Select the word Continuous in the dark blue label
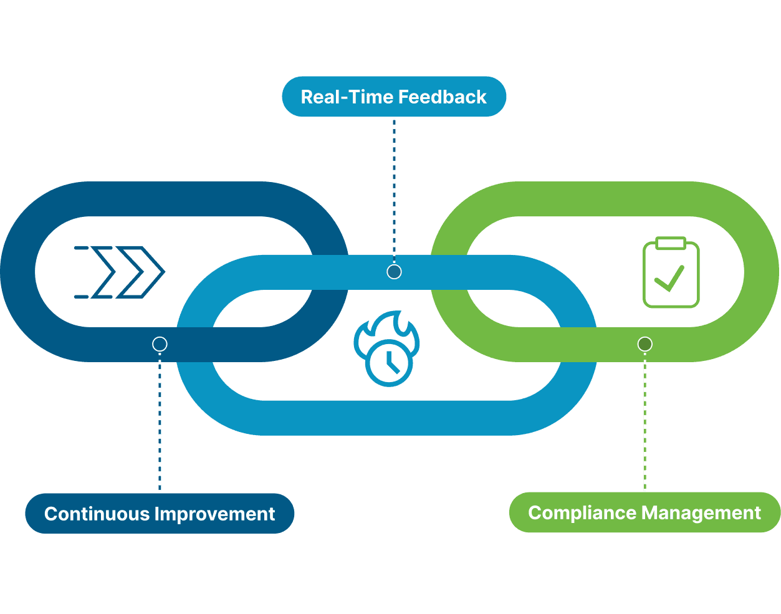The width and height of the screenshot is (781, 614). (x=97, y=514)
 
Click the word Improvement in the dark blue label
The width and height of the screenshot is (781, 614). (x=214, y=514)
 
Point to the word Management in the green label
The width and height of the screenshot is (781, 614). (x=701, y=512)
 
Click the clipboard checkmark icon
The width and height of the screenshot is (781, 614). (x=671, y=272)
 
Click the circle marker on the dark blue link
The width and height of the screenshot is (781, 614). (x=160, y=344)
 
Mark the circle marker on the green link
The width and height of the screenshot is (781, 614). (x=644, y=344)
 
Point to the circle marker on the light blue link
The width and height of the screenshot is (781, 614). (x=394, y=272)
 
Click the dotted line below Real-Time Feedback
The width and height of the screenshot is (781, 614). (x=394, y=187)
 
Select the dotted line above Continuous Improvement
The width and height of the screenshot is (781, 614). (x=160, y=424)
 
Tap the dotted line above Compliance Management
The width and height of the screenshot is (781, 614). (x=644, y=424)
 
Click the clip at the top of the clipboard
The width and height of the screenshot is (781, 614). (x=671, y=242)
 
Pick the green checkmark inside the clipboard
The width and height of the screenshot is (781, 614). (x=669, y=279)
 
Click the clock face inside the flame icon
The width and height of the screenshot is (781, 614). (x=389, y=363)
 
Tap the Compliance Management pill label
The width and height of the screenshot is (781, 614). (x=644, y=512)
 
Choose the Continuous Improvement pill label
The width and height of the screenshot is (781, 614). (x=160, y=514)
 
